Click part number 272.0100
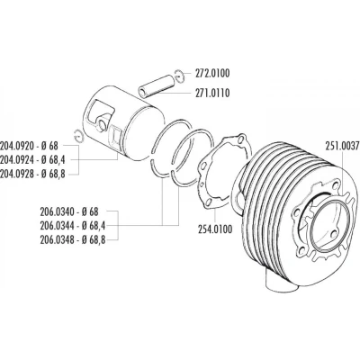212,74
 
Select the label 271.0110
212,94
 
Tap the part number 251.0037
342,146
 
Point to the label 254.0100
215,229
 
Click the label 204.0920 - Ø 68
29,146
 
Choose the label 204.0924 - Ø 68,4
32,160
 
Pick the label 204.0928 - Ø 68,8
32,174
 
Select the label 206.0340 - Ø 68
69,211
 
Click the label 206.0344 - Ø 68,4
73,225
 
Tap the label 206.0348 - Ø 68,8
73,239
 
